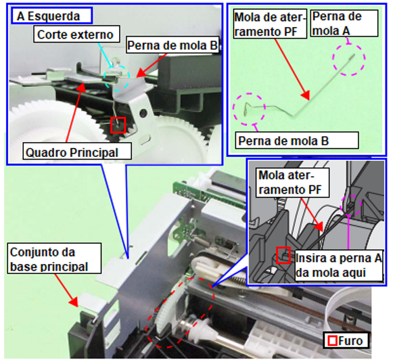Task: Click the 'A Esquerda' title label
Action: [51, 16]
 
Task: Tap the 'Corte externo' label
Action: [76, 34]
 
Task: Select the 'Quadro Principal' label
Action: [77, 152]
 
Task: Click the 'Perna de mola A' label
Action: [344, 24]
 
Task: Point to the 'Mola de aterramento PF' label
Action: [270, 24]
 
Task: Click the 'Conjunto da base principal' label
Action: [54, 258]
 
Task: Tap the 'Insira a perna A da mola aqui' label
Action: [339, 265]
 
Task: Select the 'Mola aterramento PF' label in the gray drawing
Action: [293, 183]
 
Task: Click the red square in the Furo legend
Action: [333, 341]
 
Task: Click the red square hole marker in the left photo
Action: [118, 125]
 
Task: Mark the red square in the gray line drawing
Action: [283, 255]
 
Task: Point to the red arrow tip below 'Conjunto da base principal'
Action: [78, 307]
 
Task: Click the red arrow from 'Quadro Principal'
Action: [74, 113]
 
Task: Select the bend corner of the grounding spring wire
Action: [294, 116]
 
